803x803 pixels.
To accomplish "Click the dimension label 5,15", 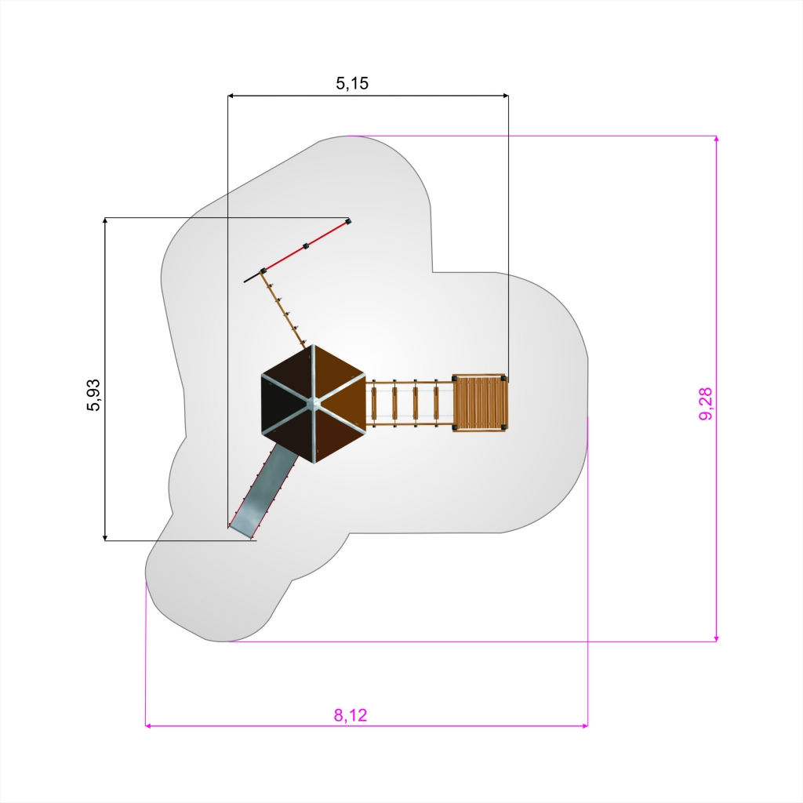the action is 352,83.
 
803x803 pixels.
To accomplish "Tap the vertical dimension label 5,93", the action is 94,395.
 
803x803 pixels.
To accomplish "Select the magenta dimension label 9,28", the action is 706,404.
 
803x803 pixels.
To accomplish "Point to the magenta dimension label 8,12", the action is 351,715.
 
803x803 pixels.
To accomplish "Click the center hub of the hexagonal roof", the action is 314,405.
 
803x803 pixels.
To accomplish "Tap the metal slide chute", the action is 263,491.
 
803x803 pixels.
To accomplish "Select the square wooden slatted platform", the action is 479,403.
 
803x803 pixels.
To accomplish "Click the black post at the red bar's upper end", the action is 348,221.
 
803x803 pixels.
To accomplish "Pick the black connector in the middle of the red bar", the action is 307,245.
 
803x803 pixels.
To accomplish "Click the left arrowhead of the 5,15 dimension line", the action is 231,95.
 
